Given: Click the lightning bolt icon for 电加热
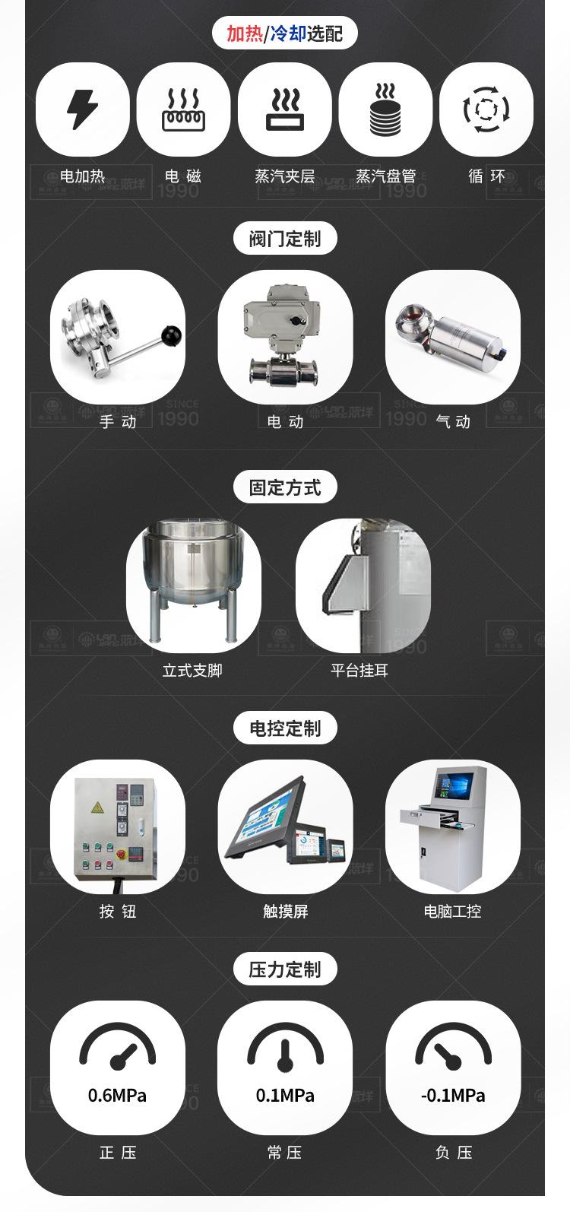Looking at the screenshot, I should coord(82,109).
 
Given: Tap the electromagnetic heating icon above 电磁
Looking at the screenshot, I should coord(183,109).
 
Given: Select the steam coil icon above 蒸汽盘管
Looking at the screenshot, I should coord(385,109).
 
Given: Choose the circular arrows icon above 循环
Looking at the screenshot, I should coord(486,109).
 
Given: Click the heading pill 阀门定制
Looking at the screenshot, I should coord(285,239).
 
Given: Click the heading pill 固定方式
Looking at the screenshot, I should coord(285,487).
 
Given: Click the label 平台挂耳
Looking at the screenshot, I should coord(359,671).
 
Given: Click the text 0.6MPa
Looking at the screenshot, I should coord(117,1096).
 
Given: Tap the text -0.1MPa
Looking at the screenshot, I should coord(453,1096).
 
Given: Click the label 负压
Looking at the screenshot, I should coord(454,1153).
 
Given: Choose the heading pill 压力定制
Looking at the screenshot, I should coord(285,969).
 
